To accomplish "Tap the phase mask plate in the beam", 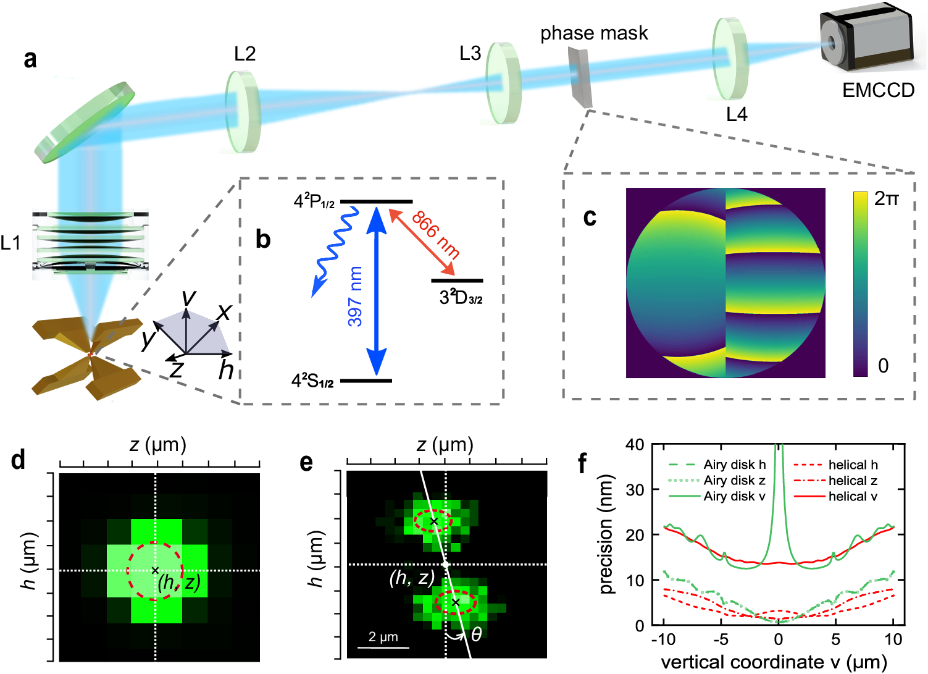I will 580,77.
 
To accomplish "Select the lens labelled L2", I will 243,111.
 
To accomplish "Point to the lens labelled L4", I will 730,58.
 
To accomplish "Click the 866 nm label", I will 435,234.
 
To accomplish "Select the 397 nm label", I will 355,296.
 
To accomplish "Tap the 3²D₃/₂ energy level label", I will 461,298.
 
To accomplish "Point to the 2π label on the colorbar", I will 885,199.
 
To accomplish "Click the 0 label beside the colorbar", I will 883,366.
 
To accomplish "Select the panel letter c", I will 590,217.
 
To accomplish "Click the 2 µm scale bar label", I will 383,637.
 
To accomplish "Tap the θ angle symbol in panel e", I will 476,634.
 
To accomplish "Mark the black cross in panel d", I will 155,570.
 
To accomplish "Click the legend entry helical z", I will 852,481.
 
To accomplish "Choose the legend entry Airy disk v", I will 734,496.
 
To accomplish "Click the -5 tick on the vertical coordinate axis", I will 721,639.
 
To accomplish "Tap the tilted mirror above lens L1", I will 85,122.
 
